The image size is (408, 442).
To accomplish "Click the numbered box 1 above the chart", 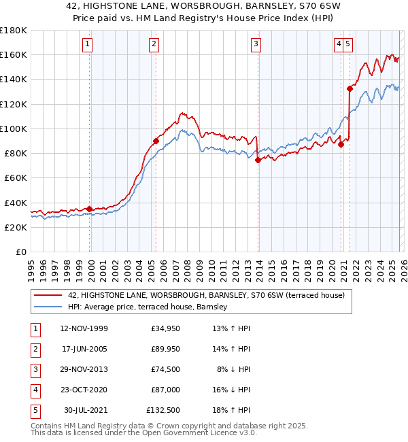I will pyautogui.click(x=88, y=45).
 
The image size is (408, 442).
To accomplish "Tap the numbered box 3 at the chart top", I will pyautogui.click(x=256, y=45).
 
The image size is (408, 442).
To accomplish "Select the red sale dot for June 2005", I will pyautogui.click(x=156, y=141).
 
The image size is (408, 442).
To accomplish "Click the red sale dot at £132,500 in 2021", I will pyautogui.click(x=350, y=88).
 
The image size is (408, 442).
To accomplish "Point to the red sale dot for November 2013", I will pyautogui.click(x=258, y=160).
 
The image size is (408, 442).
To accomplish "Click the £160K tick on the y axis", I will pyautogui.click(x=14, y=54).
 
